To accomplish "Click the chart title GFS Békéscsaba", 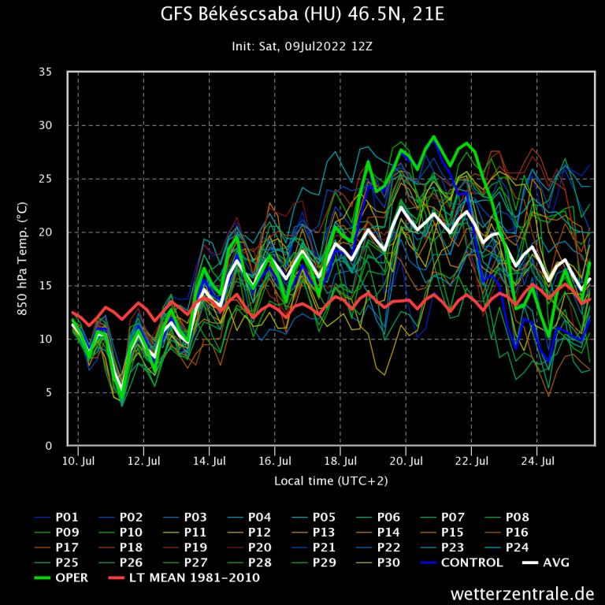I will [x=302, y=16].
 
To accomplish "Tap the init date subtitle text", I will [x=302, y=46].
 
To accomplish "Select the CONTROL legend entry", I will [x=471, y=562].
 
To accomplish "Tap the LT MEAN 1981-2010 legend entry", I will [x=194, y=577].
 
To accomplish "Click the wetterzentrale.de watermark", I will [x=522, y=593].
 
